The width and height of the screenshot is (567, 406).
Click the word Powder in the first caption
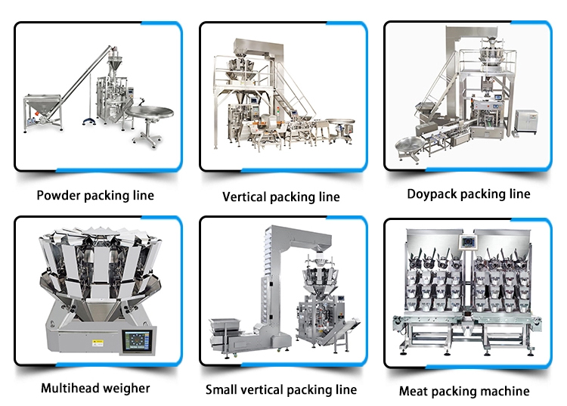click(58, 195)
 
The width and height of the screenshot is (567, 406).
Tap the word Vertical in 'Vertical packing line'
click(243, 197)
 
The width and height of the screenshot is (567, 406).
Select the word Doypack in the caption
click(431, 194)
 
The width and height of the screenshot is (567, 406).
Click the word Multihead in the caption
click(65, 389)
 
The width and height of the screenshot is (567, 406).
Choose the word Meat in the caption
click(413, 391)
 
